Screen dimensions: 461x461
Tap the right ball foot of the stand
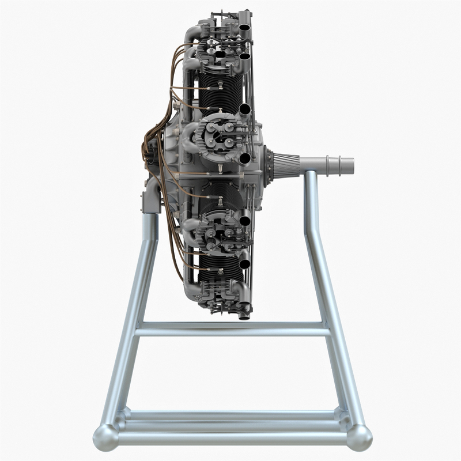(359, 437)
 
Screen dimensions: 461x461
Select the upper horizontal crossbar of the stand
(231, 329)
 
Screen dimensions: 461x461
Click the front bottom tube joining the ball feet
(231, 440)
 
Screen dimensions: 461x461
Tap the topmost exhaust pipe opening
(244, 27)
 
